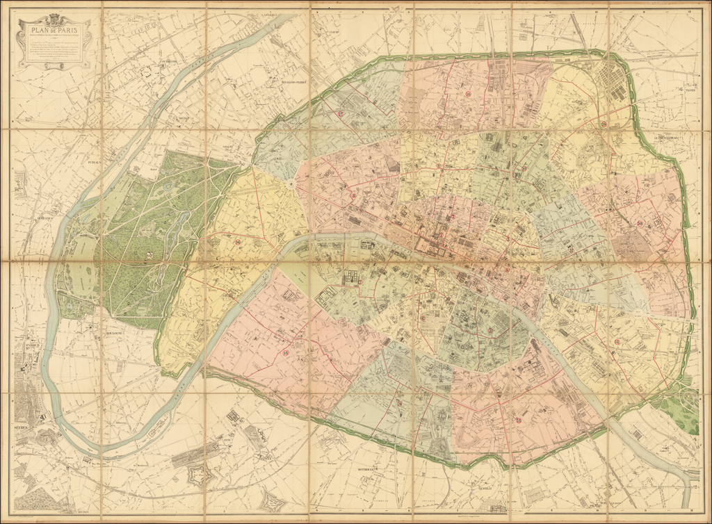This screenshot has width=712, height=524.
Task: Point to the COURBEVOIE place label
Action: coord(168,61)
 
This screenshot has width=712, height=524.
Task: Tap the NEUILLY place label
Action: coord(184,119)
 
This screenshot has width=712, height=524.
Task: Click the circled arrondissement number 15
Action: coord(286,353)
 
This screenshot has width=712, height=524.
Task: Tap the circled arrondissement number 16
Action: coord(238,243)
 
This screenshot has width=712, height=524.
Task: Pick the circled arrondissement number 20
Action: coord(638,223)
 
